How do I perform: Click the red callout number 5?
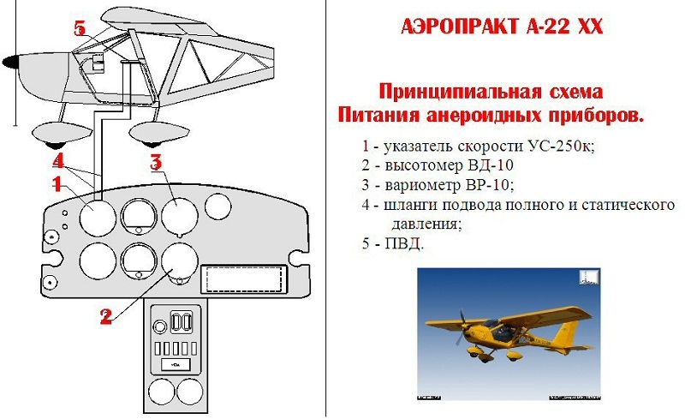80,28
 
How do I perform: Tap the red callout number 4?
58,160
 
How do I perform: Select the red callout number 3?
156,162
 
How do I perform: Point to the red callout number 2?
106,316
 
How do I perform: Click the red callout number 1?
57,184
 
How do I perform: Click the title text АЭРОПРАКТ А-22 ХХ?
502,27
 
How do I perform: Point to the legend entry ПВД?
404,243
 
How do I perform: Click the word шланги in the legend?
409,205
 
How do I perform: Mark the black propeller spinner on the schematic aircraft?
9,62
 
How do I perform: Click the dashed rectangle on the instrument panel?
243,279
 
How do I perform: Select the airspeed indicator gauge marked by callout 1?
98,218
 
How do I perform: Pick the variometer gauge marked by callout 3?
180,216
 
